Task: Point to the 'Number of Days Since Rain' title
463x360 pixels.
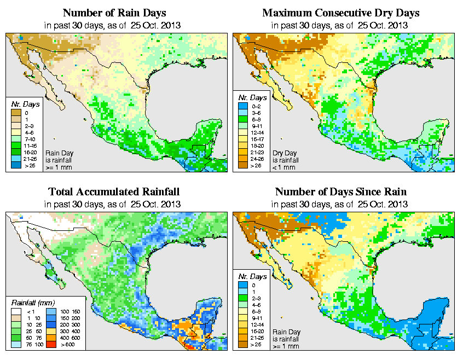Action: [341, 192]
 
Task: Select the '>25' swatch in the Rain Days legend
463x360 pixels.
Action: [15, 164]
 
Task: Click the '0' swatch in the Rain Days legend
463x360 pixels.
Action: [15, 113]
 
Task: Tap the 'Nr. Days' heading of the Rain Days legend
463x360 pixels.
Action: [21, 104]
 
